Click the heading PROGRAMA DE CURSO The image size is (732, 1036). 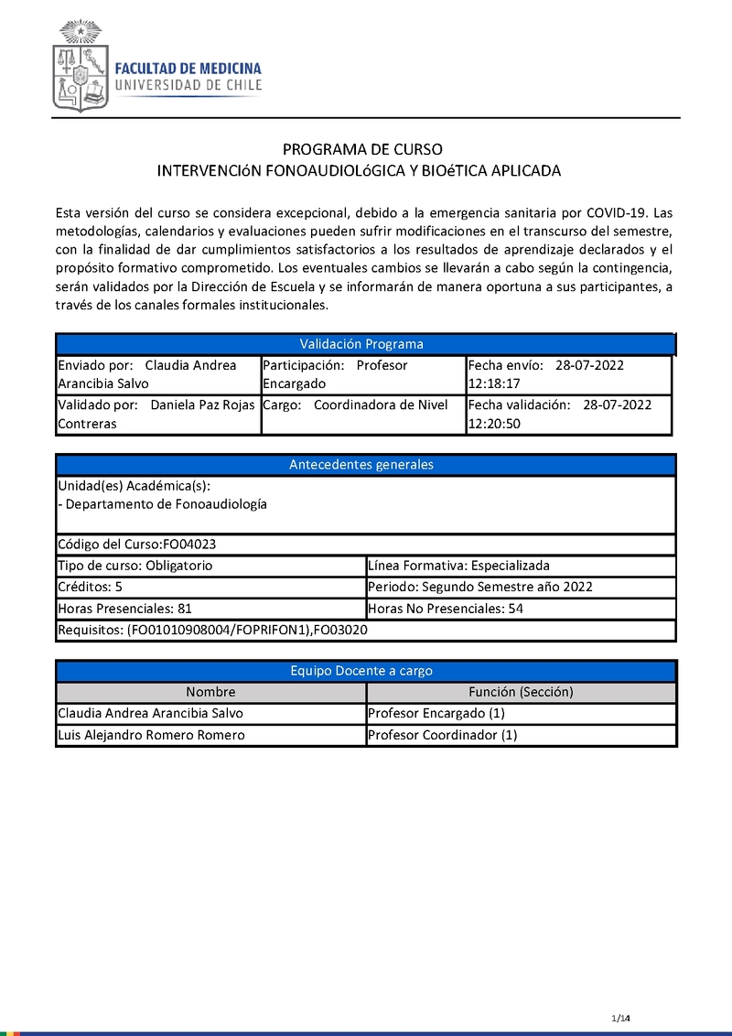click(362, 149)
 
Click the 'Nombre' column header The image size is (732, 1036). click(210, 692)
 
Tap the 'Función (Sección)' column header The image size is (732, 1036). click(521, 692)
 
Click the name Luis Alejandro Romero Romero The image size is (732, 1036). click(151, 735)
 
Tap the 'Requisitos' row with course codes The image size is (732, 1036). click(212, 630)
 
